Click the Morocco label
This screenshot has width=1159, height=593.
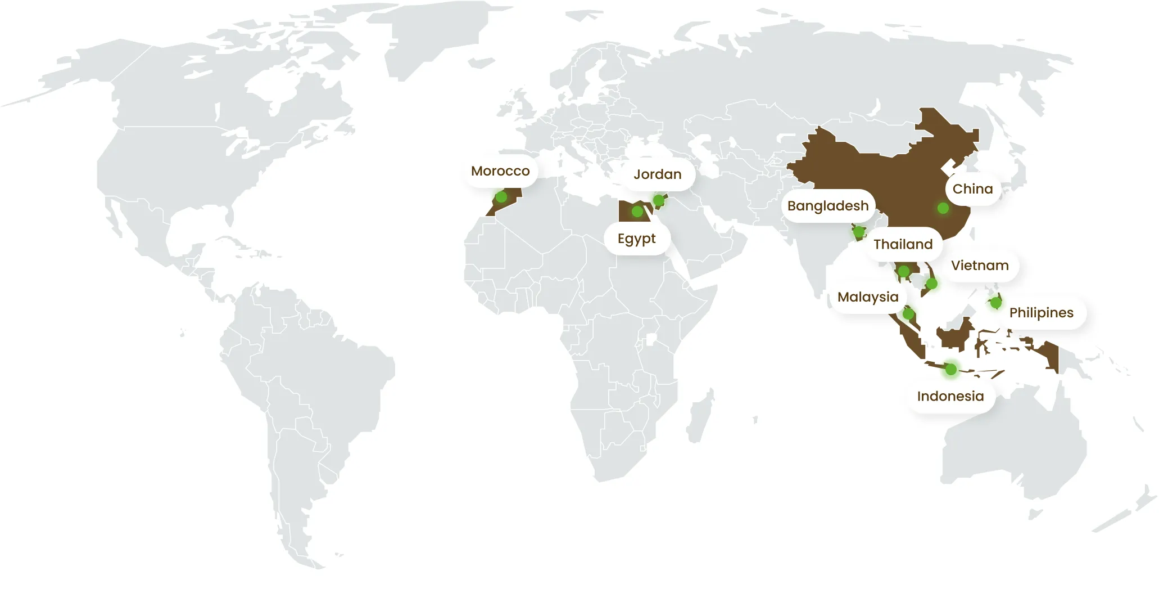(x=500, y=171)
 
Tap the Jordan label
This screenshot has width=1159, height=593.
(x=657, y=174)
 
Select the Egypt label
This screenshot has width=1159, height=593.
(x=636, y=239)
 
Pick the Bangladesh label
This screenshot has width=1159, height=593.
(x=827, y=206)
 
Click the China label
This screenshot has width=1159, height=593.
(x=972, y=189)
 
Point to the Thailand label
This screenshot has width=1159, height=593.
(x=903, y=244)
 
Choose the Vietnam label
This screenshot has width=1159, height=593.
(x=979, y=266)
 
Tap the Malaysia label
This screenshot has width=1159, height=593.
(x=867, y=297)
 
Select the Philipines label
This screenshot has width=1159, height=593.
(x=1041, y=313)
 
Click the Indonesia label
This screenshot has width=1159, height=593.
(x=950, y=397)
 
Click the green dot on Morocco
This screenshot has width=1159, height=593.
(x=501, y=197)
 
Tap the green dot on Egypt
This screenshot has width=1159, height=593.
(x=637, y=212)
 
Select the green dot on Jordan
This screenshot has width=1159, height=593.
(x=659, y=200)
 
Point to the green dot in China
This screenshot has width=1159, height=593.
(x=943, y=208)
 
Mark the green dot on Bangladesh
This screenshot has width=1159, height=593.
(x=858, y=231)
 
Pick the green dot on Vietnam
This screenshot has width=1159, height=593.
(x=931, y=284)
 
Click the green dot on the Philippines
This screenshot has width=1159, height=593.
(x=995, y=303)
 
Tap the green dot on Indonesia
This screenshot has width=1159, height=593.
(x=950, y=369)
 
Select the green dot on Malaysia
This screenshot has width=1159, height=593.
(x=908, y=314)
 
